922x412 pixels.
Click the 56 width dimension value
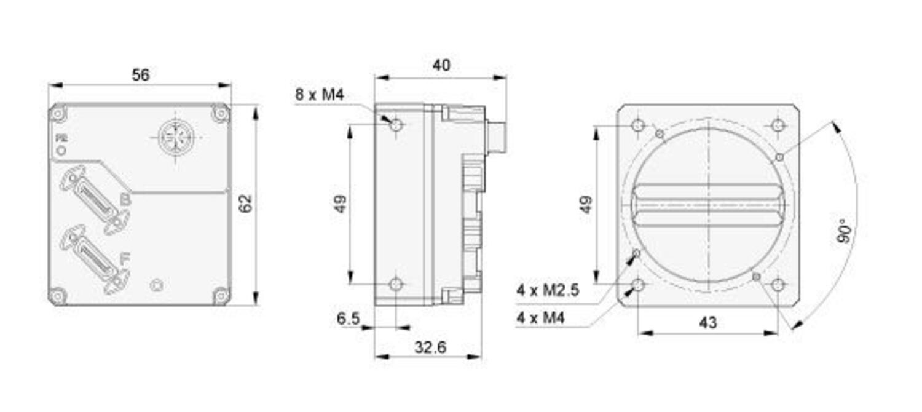click(x=141, y=75)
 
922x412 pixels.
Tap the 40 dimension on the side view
click(x=441, y=66)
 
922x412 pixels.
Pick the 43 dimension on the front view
click(x=708, y=322)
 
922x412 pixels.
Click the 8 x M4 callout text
click(x=320, y=95)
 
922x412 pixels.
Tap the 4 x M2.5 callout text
click(x=548, y=291)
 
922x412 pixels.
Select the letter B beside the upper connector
click(x=125, y=200)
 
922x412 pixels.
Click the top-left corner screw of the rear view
click(x=58, y=114)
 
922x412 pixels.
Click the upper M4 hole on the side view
click(x=396, y=125)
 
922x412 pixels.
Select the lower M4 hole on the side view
click(x=396, y=284)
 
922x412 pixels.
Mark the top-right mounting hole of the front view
click(x=778, y=125)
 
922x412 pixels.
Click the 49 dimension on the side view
click(x=339, y=204)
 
